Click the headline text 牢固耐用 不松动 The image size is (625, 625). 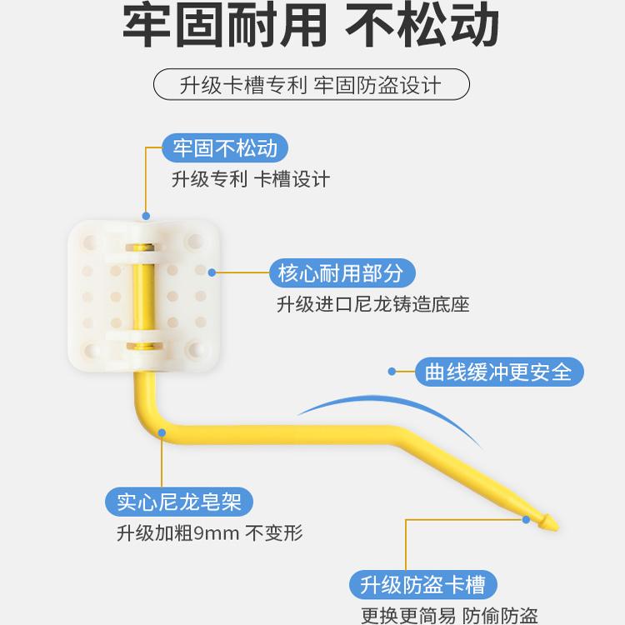pos(312,28)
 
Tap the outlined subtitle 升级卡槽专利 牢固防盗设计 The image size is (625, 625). pos(312,85)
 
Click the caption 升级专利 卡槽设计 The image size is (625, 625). pos(250,179)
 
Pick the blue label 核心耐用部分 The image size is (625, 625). pos(342,272)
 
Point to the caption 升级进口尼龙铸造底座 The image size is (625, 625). pos(372,304)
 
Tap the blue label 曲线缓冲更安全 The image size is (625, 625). pos(498,372)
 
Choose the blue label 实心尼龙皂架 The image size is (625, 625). pos(179,502)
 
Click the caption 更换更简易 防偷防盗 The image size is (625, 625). pos(448,615)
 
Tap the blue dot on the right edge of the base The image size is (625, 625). pos(212,272)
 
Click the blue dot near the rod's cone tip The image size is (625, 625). pos(527,518)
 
